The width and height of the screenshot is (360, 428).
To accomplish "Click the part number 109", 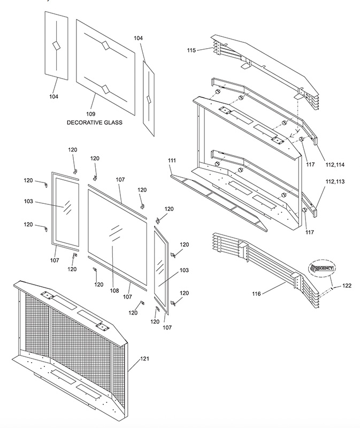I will pyautogui.click(x=90, y=114).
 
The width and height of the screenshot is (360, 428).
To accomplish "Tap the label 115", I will pyautogui.click(x=192, y=50).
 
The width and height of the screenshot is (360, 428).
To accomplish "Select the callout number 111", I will pyautogui.click(x=172, y=160).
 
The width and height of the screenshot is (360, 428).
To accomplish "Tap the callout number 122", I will pyautogui.click(x=347, y=286).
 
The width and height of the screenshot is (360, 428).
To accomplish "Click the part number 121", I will pyautogui.click(x=145, y=360).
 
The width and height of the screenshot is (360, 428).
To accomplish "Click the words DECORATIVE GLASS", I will pyautogui.click(x=95, y=123).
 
